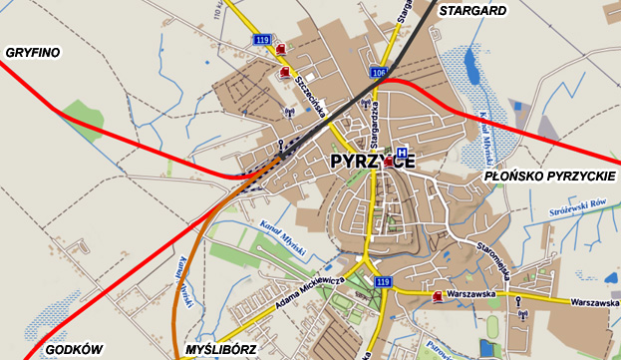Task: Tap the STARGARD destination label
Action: tap(472, 11)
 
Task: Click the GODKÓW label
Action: tap(74, 349)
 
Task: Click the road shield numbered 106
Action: tap(377, 73)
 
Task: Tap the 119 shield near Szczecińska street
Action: tap(262, 39)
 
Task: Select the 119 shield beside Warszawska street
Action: tap(383, 283)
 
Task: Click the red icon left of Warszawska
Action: tap(438, 295)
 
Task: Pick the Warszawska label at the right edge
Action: tap(595, 302)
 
